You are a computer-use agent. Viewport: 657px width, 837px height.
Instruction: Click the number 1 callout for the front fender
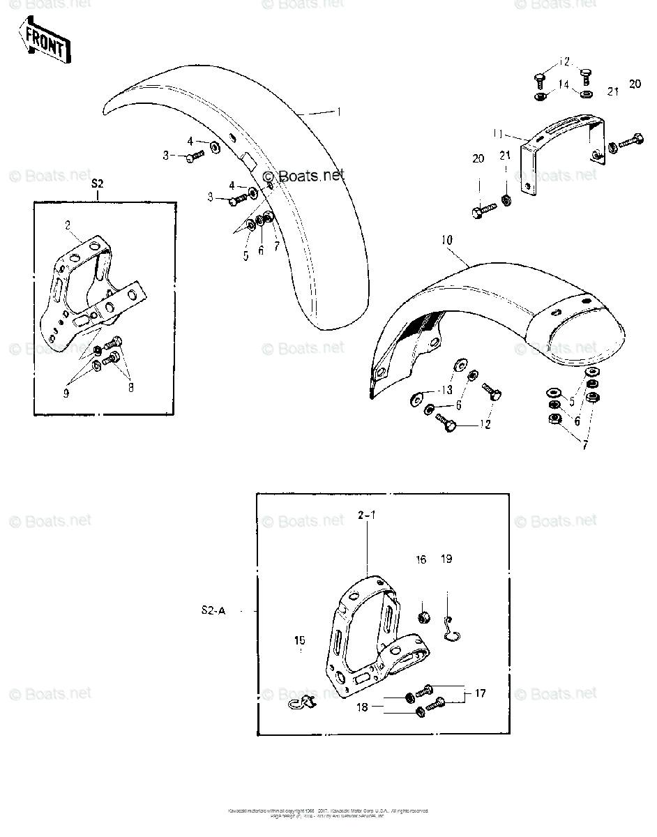pos(339,112)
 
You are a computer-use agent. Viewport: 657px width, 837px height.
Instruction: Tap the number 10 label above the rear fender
pos(447,240)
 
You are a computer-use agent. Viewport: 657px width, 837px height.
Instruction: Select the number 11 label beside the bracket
pos(497,133)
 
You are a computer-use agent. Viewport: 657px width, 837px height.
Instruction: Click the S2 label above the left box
pos(98,184)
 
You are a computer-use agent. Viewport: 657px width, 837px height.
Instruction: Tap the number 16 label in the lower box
pos(421,559)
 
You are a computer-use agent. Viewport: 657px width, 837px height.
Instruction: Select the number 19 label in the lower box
pos(446,559)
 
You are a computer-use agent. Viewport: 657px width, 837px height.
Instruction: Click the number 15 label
pos(300,640)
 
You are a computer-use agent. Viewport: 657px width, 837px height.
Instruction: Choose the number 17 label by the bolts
pos(480,693)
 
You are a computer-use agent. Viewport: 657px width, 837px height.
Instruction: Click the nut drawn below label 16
pos(422,617)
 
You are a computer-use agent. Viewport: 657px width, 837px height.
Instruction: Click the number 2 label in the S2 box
pos(68,225)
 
